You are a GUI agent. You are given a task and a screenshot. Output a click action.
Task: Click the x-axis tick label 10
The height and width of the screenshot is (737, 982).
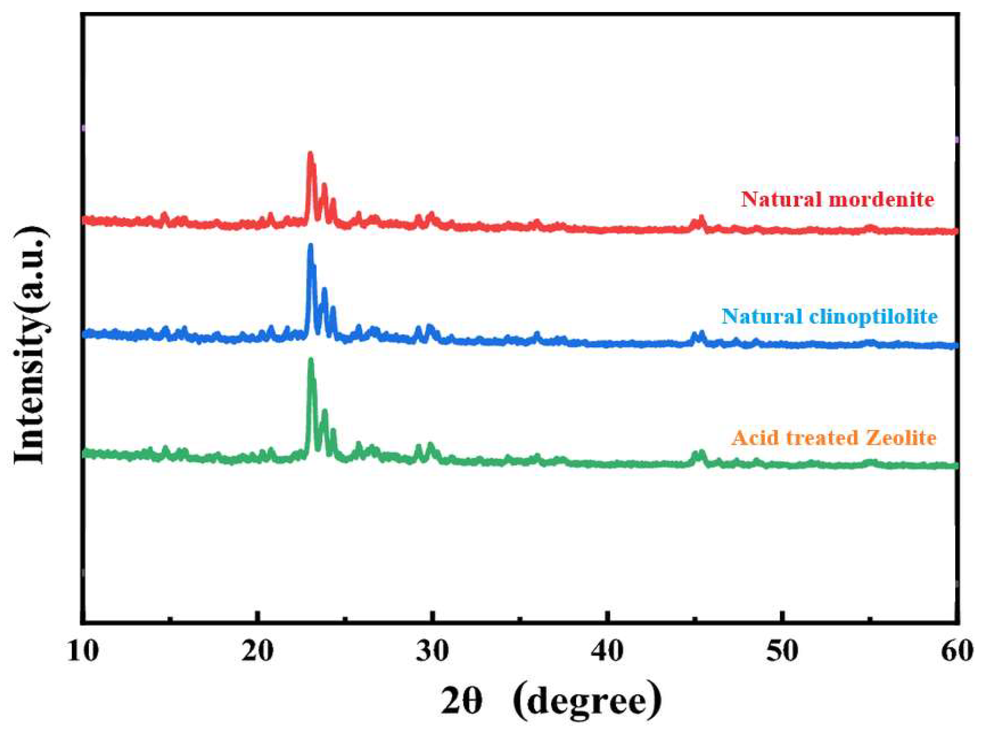(83, 652)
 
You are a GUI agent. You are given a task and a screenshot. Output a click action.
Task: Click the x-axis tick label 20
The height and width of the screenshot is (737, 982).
(258, 652)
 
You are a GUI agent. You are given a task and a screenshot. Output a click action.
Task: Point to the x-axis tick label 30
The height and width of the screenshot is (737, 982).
(433, 652)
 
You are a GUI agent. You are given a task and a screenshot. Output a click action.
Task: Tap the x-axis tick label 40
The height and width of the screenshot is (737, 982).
(608, 652)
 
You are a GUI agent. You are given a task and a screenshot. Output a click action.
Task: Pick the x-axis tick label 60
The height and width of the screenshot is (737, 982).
(957, 652)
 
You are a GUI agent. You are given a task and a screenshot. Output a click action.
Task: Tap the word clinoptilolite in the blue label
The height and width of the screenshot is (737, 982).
(873, 317)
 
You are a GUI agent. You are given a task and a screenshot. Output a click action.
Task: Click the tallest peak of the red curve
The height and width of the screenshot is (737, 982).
(310, 155)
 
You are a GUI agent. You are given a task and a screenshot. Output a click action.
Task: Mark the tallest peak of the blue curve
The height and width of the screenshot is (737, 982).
(310, 246)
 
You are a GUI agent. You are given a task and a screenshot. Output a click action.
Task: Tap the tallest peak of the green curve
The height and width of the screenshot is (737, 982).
(311, 360)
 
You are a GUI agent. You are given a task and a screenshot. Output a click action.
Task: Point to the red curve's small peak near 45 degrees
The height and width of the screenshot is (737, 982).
(701, 218)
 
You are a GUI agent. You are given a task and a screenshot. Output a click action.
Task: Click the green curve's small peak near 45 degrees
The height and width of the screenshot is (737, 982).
(701, 453)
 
